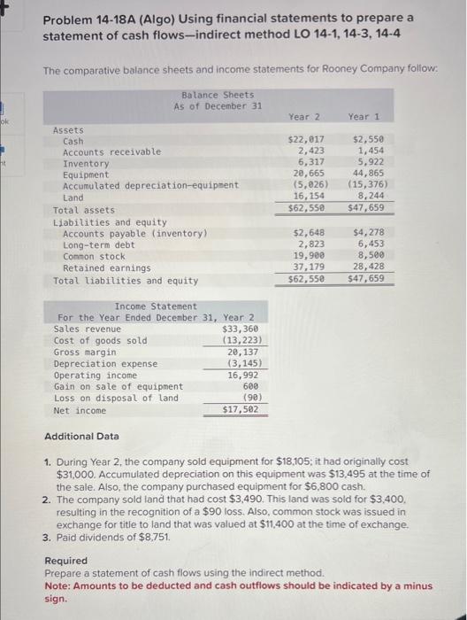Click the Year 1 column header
(x=364, y=116)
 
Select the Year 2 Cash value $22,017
(x=306, y=141)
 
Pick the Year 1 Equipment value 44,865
(x=367, y=175)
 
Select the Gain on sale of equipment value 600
(x=249, y=387)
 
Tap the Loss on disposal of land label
(x=116, y=399)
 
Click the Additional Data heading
(x=80, y=437)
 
